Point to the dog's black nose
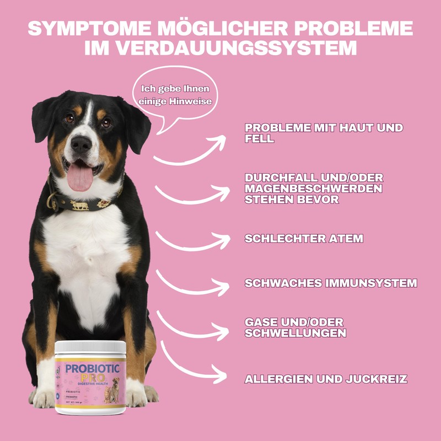[x=81, y=145]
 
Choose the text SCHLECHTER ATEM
[x=304, y=239]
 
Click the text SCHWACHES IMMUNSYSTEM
[x=331, y=283]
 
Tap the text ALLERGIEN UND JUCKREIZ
[x=326, y=379]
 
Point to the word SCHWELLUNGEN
[x=295, y=333]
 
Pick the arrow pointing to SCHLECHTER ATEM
[x=193, y=241]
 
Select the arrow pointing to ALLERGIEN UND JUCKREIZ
[x=193, y=364]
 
